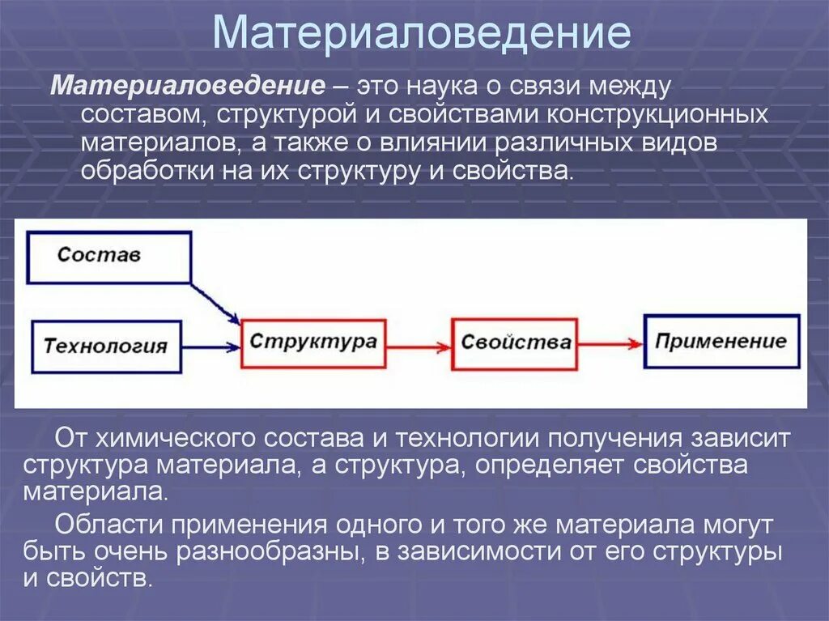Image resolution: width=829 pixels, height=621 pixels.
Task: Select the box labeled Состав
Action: (109, 257)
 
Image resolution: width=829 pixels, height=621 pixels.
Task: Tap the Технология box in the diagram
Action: (105, 346)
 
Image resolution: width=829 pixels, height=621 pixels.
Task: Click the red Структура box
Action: (313, 343)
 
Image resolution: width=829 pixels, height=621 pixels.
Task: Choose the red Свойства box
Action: (515, 344)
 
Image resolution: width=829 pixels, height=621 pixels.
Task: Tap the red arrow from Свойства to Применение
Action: (611, 344)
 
